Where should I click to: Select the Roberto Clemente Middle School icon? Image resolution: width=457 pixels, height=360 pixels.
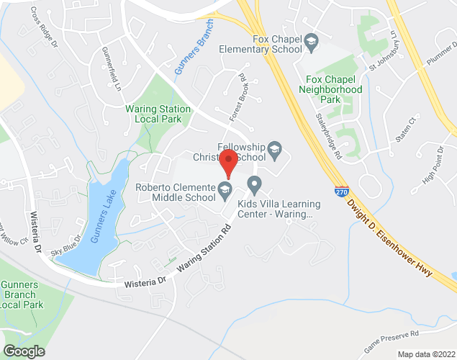point(225,192)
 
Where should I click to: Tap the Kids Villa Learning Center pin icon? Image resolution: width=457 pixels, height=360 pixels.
point(254,186)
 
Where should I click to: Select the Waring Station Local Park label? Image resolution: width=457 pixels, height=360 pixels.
point(158,114)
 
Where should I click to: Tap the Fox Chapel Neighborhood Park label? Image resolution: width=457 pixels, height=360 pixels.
point(334,84)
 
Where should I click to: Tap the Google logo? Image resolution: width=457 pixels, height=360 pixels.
point(23,351)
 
